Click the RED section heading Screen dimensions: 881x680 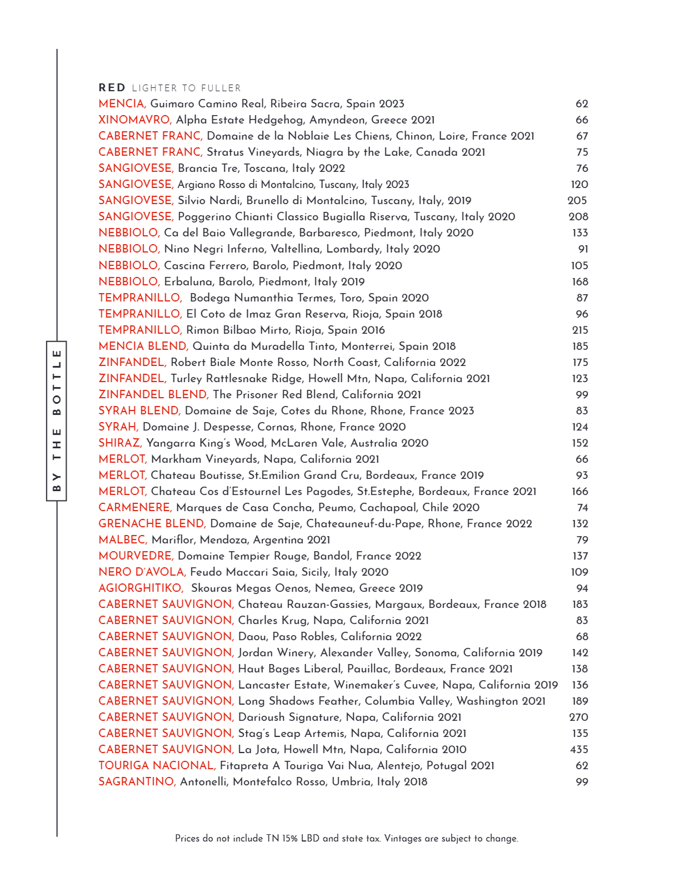coord(112,88)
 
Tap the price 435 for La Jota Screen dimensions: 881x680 coord(579,749)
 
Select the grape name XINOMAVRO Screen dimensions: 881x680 coord(135,120)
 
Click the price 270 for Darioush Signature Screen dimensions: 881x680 coord(579,717)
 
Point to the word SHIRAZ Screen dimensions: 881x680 coord(120,443)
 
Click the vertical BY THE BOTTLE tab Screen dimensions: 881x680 coord(56,420)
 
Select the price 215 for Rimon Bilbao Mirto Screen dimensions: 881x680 coord(580,330)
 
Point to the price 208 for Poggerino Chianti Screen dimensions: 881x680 coord(578,216)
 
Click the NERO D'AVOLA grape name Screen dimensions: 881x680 coord(142,572)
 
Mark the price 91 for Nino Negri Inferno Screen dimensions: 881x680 coord(583,249)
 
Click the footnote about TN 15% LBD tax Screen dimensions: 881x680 coord(346,838)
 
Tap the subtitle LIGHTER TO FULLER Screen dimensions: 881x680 coord(186,88)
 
